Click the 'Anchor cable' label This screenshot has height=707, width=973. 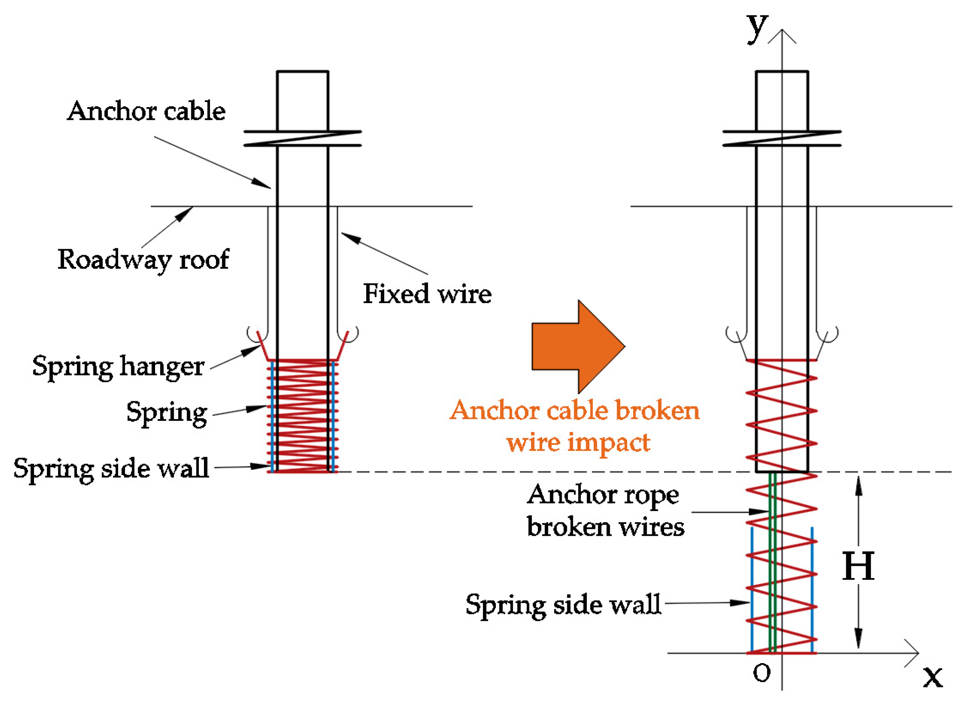[146, 112]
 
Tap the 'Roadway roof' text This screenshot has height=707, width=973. [143, 260]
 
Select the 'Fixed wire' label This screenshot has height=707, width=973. [427, 295]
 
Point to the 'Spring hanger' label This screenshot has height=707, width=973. [118, 367]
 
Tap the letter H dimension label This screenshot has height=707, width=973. [857, 567]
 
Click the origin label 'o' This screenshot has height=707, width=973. [761, 673]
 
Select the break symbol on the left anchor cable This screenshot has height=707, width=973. [303, 139]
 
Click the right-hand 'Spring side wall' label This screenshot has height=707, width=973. [563, 605]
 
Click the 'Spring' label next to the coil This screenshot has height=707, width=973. [167, 413]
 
